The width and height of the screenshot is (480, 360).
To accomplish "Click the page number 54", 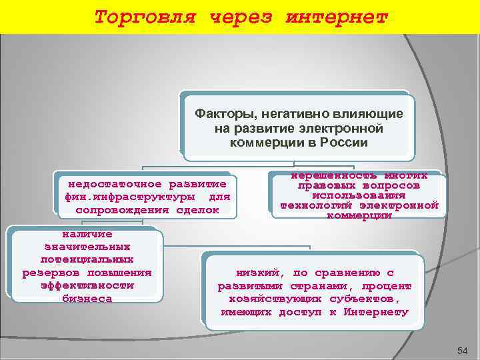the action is point(463,351).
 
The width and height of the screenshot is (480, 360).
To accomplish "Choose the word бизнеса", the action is point(87,299).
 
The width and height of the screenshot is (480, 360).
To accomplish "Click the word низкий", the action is point(258,273).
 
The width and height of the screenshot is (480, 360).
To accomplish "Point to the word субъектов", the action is point(379,299).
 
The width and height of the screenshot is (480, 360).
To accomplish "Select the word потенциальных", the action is point(87,259).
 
